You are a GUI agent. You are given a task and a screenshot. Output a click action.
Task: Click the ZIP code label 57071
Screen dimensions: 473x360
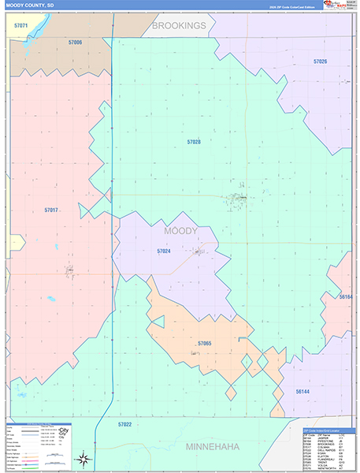(x=21, y=26)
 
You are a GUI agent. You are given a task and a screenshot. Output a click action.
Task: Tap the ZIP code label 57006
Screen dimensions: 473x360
(x=74, y=42)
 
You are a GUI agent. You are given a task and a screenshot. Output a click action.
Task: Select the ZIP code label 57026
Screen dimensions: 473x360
(x=320, y=61)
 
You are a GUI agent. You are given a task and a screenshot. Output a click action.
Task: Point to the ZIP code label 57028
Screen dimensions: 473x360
(x=194, y=142)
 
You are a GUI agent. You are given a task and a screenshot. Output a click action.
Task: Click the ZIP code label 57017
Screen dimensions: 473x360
(x=51, y=210)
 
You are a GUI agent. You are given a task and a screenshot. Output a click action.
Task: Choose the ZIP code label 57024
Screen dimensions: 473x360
(x=164, y=251)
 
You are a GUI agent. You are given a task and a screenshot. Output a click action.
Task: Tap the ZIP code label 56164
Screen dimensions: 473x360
(x=347, y=297)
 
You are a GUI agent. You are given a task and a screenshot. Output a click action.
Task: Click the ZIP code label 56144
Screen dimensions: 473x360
(x=303, y=391)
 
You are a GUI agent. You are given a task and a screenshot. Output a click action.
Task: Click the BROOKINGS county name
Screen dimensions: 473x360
(x=179, y=25)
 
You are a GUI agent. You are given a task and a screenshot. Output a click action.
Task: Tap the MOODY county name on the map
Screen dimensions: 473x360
(x=180, y=231)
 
